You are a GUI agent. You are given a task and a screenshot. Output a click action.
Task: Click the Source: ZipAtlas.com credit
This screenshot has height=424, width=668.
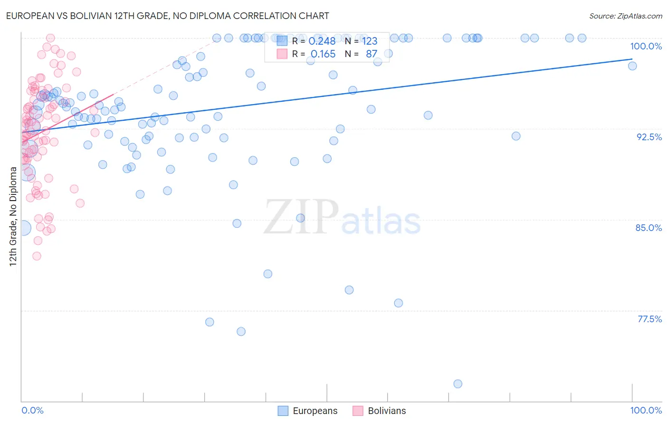pyautogui.click(x=625, y=16)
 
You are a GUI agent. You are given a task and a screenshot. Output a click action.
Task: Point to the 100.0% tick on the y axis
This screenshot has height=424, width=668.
pyautogui.click(x=646, y=46)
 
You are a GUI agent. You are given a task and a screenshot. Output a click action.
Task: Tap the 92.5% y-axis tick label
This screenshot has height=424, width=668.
pyautogui.click(x=649, y=137)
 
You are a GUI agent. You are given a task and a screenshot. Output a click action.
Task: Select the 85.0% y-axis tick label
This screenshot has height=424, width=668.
pyautogui.click(x=649, y=228)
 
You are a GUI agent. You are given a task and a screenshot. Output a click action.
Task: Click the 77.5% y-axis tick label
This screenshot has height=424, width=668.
pyautogui.click(x=649, y=319)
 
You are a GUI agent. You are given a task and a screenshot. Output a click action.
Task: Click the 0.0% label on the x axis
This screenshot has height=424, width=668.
pyautogui.click(x=32, y=410)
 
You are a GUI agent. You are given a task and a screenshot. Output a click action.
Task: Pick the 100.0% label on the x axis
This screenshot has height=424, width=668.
pyautogui.click(x=646, y=410)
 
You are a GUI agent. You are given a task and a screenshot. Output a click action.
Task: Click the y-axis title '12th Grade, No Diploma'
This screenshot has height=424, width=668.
pyautogui.click(x=13, y=216)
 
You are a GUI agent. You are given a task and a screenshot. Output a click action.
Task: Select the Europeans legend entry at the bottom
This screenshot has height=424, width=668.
pyautogui.click(x=308, y=411)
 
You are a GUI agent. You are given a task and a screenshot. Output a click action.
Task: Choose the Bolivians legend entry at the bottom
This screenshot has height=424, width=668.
pyautogui.click(x=380, y=411)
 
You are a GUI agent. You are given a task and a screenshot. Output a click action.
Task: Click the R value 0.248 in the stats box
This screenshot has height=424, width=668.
pyautogui.click(x=322, y=41)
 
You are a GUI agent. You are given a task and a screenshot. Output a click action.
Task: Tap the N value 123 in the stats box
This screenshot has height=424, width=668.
pyautogui.click(x=370, y=41)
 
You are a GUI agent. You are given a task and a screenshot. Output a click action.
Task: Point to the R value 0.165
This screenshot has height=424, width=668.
pyautogui.click(x=323, y=54)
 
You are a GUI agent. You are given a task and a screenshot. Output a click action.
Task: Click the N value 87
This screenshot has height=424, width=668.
pyautogui.click(x=371, y=54)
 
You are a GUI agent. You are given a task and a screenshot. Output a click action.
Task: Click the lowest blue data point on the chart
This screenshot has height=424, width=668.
pyautogui.click(x=458, y=384)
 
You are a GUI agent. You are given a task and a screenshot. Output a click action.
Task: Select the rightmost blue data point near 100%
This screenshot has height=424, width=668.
pyautogui.click(x=632, y=66)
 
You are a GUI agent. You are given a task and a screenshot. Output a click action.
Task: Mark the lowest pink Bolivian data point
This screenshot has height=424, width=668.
pyautogui.click(x=37, y=256)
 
